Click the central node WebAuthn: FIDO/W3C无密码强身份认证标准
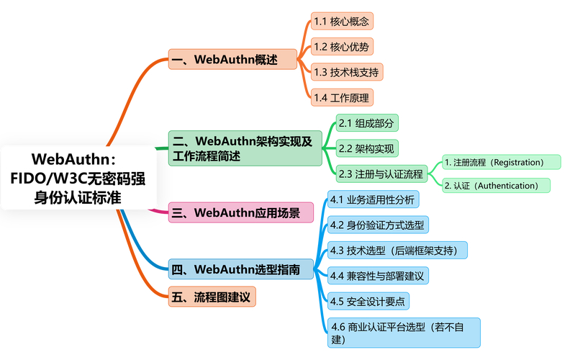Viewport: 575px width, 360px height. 78,178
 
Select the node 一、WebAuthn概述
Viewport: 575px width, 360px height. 232,59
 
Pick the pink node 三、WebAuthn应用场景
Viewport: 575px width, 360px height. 241,212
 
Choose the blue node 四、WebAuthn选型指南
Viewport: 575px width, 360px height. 241,270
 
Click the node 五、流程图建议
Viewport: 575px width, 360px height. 212,297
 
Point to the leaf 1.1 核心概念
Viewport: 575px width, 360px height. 342,21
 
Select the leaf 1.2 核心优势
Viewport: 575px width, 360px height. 342,46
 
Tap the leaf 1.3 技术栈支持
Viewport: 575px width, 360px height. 347,72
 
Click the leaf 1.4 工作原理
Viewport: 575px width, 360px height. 342,97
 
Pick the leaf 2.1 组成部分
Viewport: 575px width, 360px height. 367,123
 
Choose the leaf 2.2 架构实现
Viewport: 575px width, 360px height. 367,148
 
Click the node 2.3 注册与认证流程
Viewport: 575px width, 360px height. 381,174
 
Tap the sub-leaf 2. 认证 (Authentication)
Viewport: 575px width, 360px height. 495,186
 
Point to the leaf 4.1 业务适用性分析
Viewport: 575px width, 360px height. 371,199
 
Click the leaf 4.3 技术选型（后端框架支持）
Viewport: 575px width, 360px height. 397,250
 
